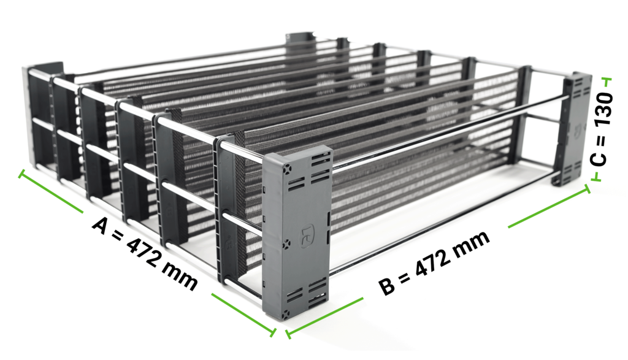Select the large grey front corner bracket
tap(297, 233)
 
